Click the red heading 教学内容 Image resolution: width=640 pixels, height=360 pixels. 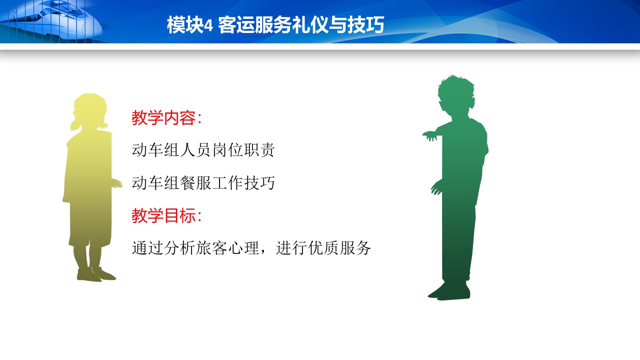pyautogui.click(x=163, y=117)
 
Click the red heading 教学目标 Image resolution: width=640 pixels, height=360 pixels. pyautogui.click(x=163, y=215)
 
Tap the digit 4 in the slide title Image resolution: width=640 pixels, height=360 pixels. pyautogui.click(x=208, y=25)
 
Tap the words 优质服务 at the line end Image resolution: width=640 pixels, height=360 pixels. pyautogui.click(x=339, y=247)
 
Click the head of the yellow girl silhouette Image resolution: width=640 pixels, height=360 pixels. pyautogui.click(x=90, y=110)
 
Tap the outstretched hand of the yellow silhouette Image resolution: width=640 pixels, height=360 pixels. pyautogui.click(x=116, y=183)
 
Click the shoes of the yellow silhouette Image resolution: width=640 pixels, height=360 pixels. pyautogui.click(x=96, y=274)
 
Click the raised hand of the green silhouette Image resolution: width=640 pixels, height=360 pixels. pyautogui.click(x=429, y=135)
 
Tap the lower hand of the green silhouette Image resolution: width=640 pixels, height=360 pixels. pyautogui.click(x=436, y=187)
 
